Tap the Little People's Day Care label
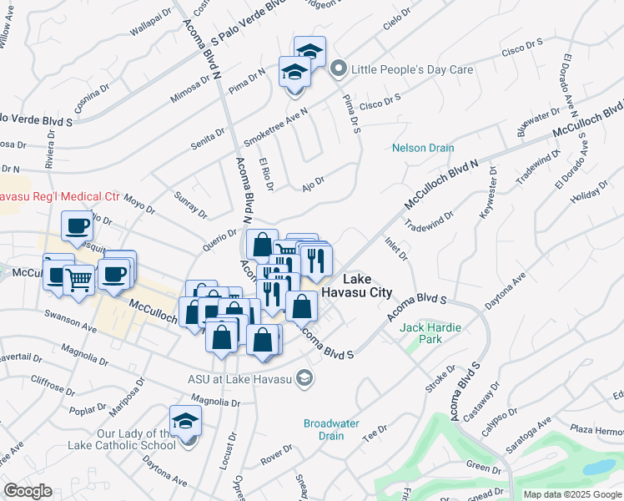tap(412, 69)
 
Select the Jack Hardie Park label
tap(431, 333)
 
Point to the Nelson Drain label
tap(424, 148)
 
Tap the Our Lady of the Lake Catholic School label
tap(136, 439)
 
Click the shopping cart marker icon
tap(78, 281)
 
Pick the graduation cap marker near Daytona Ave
tap(185, 422)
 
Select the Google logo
tap(28, 491)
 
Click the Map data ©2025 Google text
tap(573, 494)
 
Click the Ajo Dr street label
tap(313, 181)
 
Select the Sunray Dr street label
tap(190, 204)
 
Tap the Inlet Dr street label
tap(396, 248)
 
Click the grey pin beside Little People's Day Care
tap(339, 69)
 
